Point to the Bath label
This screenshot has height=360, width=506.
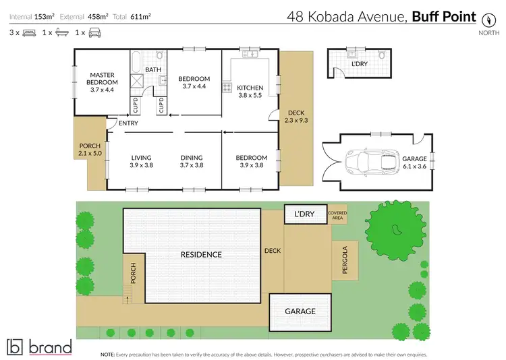(x=152, y=69)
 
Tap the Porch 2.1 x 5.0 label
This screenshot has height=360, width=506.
(x=90, y=149)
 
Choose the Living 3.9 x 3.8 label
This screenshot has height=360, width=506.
(x=141, y=162)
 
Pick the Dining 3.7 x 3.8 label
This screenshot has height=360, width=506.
(x=192, y=162)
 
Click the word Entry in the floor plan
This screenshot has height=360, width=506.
(x=128, y=123)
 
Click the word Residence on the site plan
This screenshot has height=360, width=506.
(x=201, y=255)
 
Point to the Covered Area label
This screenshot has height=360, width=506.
(x=337, y=215)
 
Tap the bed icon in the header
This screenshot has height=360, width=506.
(x=29, y=32)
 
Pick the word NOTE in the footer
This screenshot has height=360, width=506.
(x=107, y=353)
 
